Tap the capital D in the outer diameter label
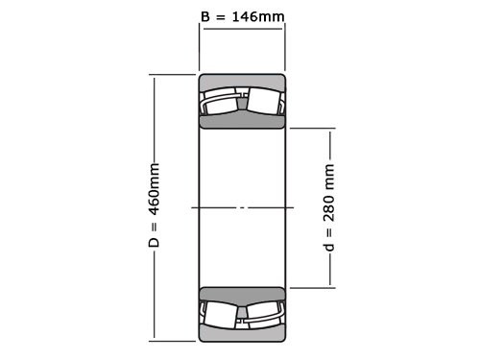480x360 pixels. (154, 243)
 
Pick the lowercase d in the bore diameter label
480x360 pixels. (329, 248)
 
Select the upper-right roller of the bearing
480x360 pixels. (264, 102)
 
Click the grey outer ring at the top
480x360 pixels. (242, 80)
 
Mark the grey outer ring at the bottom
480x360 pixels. (242, 334)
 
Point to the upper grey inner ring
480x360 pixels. (242, 121)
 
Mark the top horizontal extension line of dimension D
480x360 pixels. (173, 74)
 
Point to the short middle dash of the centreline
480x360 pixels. (242, 207)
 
